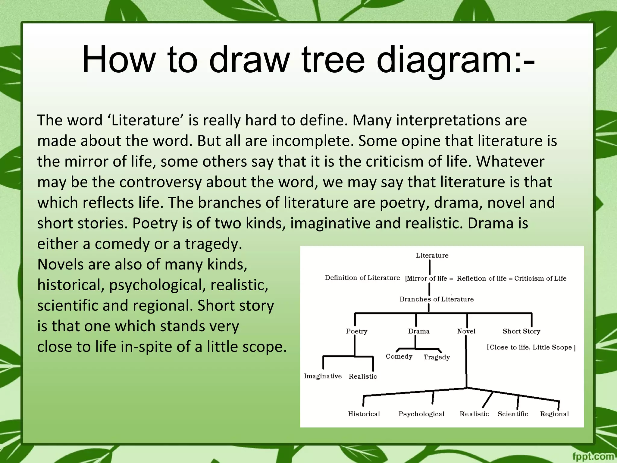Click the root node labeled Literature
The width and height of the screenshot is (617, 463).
(432, 256)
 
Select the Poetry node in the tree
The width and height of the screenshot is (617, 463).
(356, 331)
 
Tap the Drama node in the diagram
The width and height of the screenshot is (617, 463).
(418, 331)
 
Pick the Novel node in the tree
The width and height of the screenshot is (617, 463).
(466, 331)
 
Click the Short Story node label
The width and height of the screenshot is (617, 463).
(521, 331)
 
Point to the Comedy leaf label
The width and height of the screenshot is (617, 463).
(399, 357)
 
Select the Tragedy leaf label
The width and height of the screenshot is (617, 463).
(437, 357)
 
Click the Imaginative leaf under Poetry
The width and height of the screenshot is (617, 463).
(323, 376)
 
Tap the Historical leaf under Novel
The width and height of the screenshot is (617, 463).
(364, 414)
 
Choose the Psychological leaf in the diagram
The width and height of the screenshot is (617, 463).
(421, 414)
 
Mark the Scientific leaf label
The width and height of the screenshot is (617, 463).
(513, 414)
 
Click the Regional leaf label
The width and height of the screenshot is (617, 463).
(554, 414)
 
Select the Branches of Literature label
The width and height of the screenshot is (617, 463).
(437, 299)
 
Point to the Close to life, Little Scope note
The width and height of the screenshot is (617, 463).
(531, 347)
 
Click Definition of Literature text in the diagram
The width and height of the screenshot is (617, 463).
(362, 278)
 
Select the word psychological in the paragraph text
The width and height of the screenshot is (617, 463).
(157, 285)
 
